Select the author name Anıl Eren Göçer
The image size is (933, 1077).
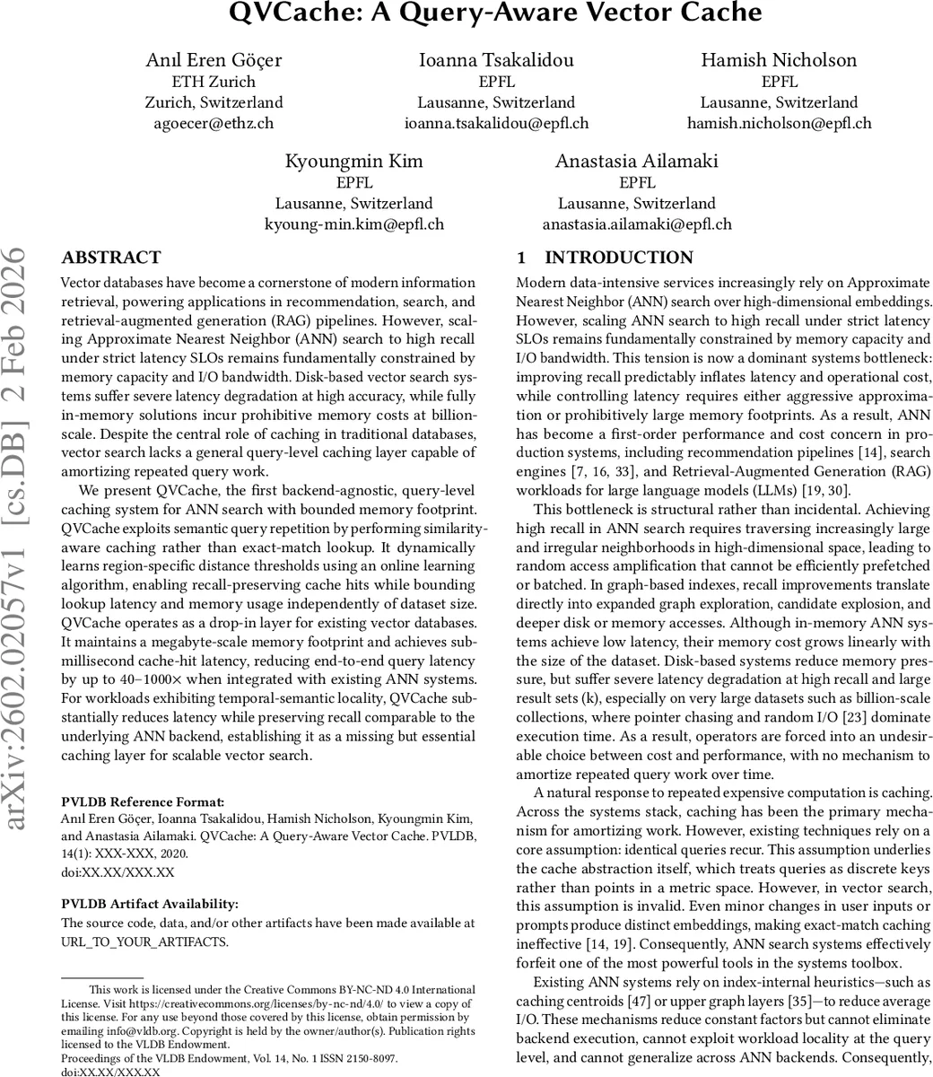[x=214, y=60]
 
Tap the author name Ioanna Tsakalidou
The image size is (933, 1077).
[x=496, y=60]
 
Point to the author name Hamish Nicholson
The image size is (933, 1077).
[x=779, y=60]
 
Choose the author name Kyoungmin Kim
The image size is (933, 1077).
[x=353, y=162]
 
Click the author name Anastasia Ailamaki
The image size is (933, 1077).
[x=636, y=162]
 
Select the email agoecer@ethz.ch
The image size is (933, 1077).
[x=214, y=124]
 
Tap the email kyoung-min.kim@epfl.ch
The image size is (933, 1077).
[x=353, y=224]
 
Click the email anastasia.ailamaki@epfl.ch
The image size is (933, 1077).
[x=636, y=224]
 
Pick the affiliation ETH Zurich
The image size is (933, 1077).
[x=214, y=82]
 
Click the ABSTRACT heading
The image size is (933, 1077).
[x=111, y=258]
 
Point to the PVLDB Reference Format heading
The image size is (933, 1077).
[x=143, y=801]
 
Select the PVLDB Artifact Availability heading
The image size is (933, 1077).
[x=150, y=904]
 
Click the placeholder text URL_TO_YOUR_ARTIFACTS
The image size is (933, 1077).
[x=144, y=941]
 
